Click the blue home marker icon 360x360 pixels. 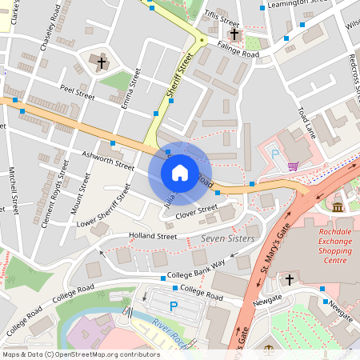tap(180, 172)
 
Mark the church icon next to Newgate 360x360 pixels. tap(290, 279)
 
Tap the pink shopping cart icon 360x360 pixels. tap(294, 166)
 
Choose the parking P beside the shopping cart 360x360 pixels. tap(276, 154)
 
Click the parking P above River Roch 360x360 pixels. tap(173, 306)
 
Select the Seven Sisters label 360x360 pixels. tap(227, 238)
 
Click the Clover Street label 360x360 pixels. tap(196, 212)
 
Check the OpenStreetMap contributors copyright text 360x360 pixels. tap(80, 354)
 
